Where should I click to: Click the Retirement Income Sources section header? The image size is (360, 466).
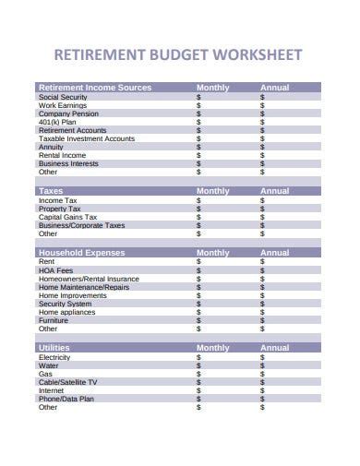[x=94, y=88]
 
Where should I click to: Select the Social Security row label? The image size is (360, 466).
[x=63, y=97]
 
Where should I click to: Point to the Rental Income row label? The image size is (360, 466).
[x=62, y=155]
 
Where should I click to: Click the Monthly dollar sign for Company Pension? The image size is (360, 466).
[x=198, y=114]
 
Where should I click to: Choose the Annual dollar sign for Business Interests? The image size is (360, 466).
[x=262, y=163]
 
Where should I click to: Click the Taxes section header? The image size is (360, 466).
[x=51, y=191]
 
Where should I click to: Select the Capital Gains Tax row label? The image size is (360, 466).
[x=68, y=217]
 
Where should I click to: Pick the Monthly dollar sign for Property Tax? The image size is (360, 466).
[x=198, y=209]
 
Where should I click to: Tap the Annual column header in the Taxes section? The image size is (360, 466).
[x=274, y=191]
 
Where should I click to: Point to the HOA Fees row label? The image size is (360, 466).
[x=56, y=270]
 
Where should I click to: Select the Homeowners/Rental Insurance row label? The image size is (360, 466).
[x=89, y=279]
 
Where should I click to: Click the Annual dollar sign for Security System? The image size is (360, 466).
[x=262, y=304]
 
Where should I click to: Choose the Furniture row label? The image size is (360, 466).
[x=54, y=320]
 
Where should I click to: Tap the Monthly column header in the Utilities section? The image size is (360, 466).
[x=213, y=348]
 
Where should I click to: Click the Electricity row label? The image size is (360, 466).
[x=54, y=357]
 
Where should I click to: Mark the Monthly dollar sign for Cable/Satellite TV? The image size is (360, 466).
[x=198, y=382]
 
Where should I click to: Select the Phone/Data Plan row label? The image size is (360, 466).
[x=66, y=399]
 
